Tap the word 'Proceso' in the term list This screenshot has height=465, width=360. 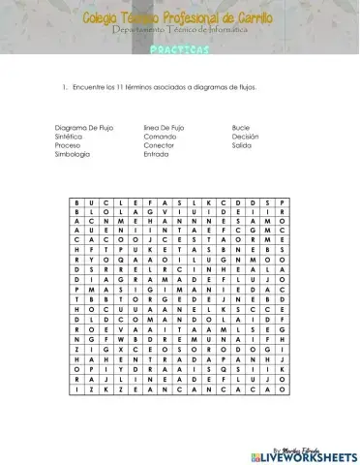pos(68,145)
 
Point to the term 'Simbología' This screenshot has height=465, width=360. pos(72,154)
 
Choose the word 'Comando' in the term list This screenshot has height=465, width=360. pos(159,137)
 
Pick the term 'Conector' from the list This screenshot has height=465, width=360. pos(159,145)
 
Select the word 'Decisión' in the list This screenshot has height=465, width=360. pos(245,137)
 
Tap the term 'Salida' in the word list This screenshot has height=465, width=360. pos(242,145)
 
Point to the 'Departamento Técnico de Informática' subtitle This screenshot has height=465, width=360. pos(179,31)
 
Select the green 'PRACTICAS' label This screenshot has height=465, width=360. pos(179,49)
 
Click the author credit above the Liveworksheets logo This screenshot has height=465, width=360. pos(316,444)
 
